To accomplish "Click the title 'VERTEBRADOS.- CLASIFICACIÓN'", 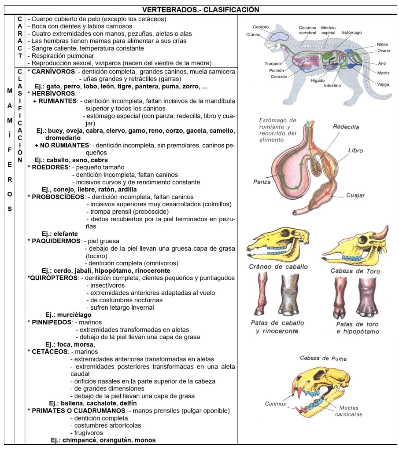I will click(200, 10).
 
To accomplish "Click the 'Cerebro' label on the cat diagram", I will click(261, 27).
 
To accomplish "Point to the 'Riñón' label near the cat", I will click(382, 44).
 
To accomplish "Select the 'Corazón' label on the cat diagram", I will click(279, 76).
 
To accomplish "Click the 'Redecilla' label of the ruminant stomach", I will click(346, 127).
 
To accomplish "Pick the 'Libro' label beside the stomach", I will click(355, 150).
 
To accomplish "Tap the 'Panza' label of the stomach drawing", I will click(262, 181).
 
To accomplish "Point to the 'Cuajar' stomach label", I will click(355, 195).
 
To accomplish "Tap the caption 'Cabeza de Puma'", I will click(323, 358).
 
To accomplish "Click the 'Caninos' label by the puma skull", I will click(275, 403).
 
